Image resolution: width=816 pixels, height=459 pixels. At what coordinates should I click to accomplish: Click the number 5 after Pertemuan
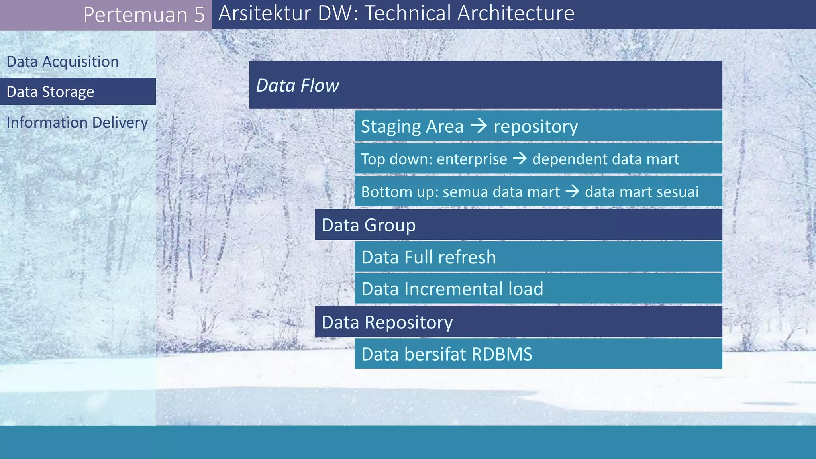click(199, 15)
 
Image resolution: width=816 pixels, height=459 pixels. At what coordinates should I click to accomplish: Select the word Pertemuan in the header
click(135, 15)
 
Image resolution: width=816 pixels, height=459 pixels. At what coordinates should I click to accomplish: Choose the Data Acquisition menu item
click(63, 62)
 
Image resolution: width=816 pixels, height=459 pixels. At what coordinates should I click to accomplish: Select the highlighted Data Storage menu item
click(51, 92)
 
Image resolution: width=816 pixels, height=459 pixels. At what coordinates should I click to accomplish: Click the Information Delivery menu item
click(77, 122)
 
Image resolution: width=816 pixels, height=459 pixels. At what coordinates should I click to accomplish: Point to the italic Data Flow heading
click(297, 86)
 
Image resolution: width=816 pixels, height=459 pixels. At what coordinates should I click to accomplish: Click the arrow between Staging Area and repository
click(479, 126)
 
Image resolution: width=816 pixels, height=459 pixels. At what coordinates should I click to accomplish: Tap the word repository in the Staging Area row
click(535, 127)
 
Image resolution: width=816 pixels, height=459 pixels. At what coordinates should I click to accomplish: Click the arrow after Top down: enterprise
click(520, 159)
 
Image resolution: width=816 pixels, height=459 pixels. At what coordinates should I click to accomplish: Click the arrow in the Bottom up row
click(572, 192)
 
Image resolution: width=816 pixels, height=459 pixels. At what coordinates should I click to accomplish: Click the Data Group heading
click(369, 225)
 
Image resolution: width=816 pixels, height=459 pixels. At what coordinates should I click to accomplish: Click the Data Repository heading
click(387, 322)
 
